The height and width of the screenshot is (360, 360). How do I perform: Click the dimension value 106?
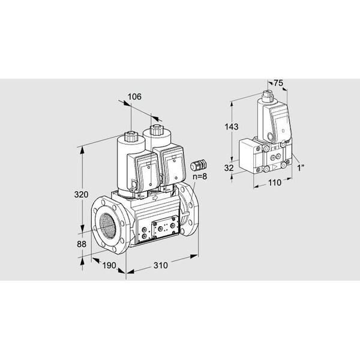(134, 97)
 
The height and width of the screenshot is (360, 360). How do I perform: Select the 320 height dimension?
(81, 194)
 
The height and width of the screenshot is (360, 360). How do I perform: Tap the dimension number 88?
(82, 244)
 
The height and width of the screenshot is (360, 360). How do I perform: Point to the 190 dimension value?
(109, 265)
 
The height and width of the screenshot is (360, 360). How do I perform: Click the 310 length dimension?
(160, 265)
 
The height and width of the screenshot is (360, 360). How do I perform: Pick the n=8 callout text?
(200, 176)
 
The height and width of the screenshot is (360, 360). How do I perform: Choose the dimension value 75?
(278, 83)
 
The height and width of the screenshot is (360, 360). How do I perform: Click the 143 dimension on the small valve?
(232, 127)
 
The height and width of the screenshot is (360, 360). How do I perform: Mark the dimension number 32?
(229, 168)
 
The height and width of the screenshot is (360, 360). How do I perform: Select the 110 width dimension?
(275, 183)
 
